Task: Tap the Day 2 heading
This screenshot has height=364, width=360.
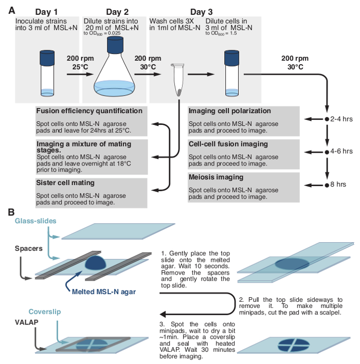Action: click(120, 11)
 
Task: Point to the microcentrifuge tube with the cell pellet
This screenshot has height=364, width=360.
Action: click(178, 79)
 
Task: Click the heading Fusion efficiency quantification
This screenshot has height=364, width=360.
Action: click(89, 111)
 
